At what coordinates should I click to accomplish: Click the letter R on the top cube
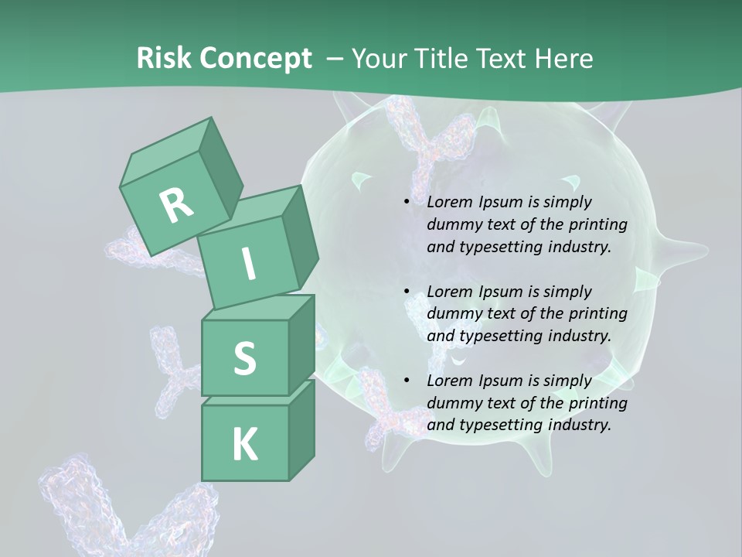point(176,205)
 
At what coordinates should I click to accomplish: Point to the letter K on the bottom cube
point(244,444)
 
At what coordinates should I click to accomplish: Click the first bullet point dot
point(407,202)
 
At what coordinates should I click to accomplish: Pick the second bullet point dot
point(407,292)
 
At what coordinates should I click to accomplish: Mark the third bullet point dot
point(407,381)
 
